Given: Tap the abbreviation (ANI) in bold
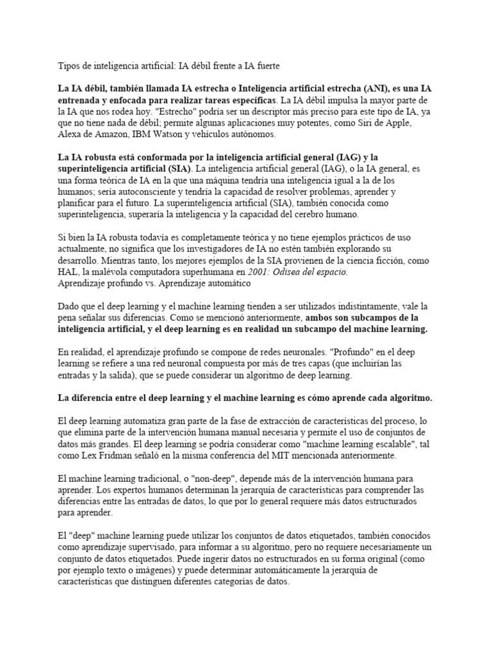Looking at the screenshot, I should click(x=366, y=88).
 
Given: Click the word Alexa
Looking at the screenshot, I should click(x=70, y=135).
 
